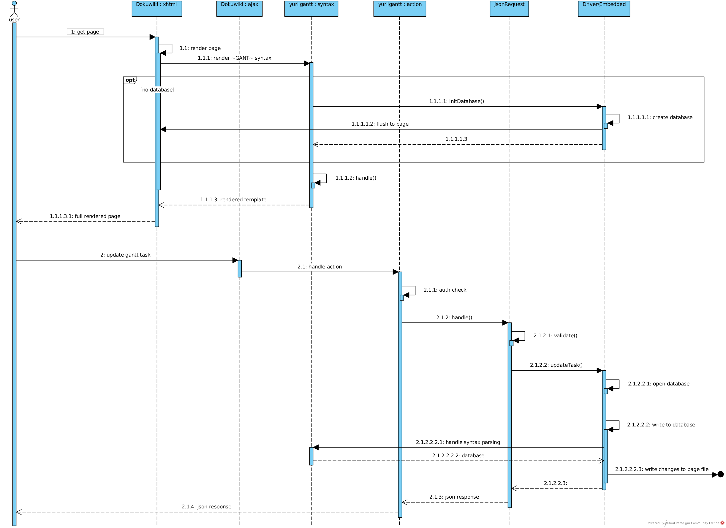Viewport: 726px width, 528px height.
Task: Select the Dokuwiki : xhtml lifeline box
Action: (x=156, y=9)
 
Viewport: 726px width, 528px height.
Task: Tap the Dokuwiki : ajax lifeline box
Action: (x=239, y=9)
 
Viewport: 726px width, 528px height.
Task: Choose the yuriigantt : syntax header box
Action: (x=311, y=9)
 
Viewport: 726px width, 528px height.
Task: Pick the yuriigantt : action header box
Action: (x=399, y=9)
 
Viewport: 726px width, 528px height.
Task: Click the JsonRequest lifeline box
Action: (x=509, y=9)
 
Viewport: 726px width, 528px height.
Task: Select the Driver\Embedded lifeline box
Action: (x=604, y=9)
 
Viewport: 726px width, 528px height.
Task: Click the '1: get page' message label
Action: (x=85, y=32)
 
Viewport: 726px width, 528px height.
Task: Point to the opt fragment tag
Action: (x=130, y=80)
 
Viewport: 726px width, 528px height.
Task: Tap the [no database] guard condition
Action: (x=157, y=90)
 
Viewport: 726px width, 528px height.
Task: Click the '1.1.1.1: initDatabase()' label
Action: (x=456, y=102)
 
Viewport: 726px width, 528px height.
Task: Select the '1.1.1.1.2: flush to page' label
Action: (x=380, y=124)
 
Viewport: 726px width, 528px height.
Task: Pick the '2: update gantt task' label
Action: (x=125, y=255)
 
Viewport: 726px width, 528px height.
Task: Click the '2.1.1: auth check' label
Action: (x=445, y=290)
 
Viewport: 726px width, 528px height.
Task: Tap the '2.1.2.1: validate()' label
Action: (x=555, y=336)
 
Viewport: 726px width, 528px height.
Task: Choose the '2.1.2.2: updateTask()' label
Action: (x=556, y=365)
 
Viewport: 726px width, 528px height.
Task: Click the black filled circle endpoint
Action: (x=720, y=475)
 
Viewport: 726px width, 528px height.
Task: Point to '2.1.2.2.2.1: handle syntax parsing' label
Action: (x=458, y=442)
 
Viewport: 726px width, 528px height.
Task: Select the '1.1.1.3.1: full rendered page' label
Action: (x=85, y=216)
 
